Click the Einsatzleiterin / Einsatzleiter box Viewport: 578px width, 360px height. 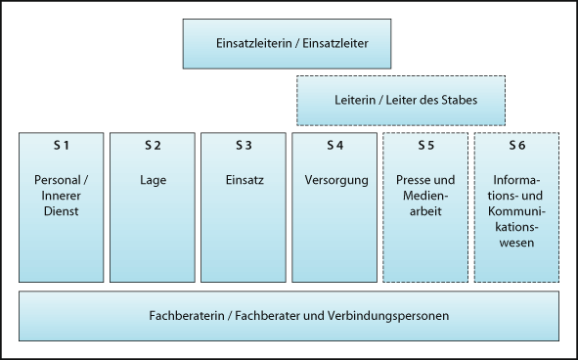(x=287, y=43)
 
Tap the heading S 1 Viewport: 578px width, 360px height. (x=62, y=146)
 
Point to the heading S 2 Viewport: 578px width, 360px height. (x=153, y=146)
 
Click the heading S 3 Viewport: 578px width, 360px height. (x=244, y=146)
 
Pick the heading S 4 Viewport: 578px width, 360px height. (x=334, y=146)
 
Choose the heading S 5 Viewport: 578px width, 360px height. (x=425, y=146)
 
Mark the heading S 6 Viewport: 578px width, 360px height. (x=516, y=146)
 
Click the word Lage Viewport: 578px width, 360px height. (x=153, y=180)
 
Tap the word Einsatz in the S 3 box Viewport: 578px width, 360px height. (x=244, y=180)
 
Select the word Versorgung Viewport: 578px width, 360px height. (x=334, y=180)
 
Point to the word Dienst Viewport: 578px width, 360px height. (x=62, y=210)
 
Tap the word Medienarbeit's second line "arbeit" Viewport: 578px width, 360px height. (x=425, y=210)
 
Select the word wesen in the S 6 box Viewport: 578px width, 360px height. (x=516, y=242)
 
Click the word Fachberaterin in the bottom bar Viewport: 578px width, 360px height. (x=186, y=316)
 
